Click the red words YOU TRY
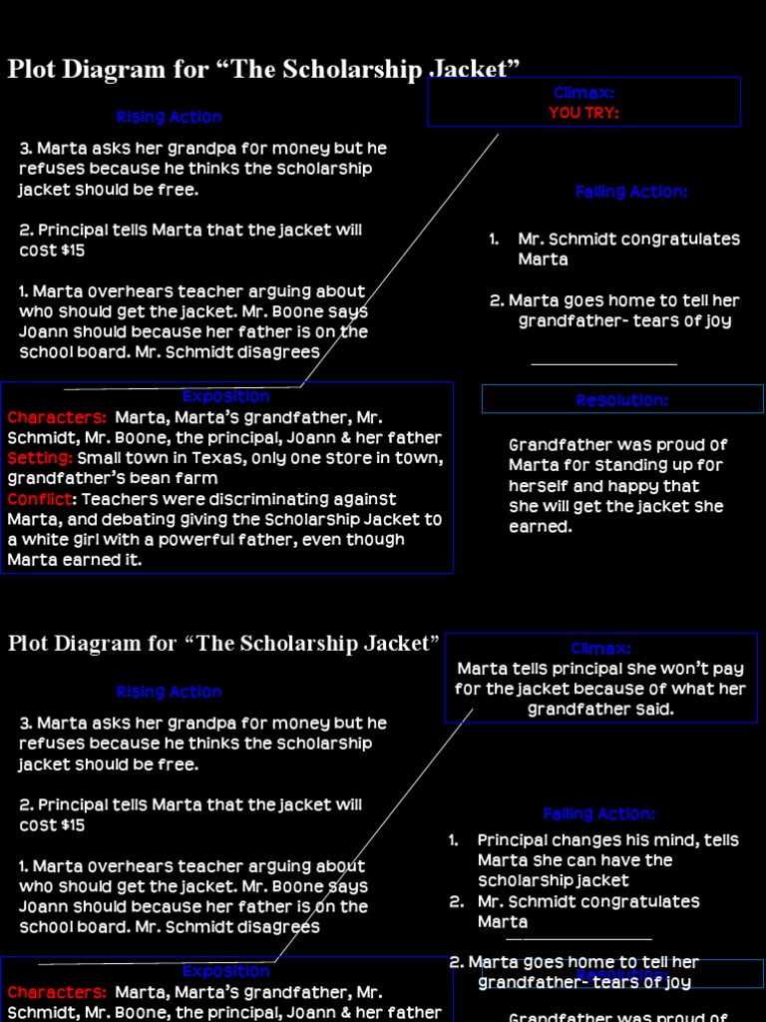[x=583, y=113]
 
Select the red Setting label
[x=39, y=458]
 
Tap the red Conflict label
[x=41, y=499]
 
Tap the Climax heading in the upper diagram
[x=583, y=93]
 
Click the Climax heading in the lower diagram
[x=600, y=649]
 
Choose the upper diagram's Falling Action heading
[x=631, y=192]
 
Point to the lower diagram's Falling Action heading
[x=598, y=814]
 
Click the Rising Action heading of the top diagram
[x=169, y=117]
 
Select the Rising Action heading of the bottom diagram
[x=169, y=692]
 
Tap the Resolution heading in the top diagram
[x=621, y=400]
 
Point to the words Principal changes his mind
[x=579, y=840]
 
